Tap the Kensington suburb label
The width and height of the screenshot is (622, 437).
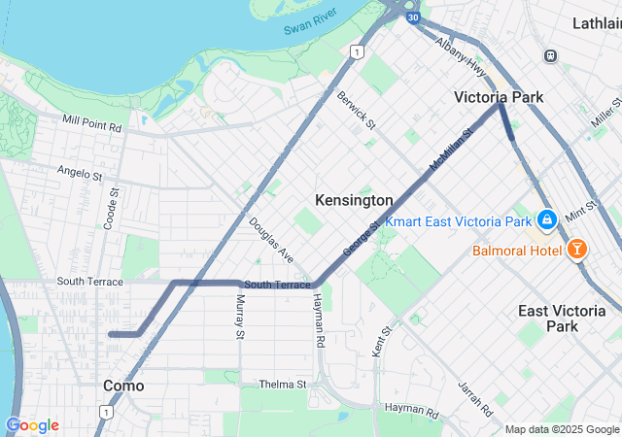click(x=354, y=200)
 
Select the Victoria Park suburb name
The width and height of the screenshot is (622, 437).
click(x=499, y=97)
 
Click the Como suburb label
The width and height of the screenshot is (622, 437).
click(x=123, y=386)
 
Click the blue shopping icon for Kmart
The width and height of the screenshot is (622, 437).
click(x=547, y=220)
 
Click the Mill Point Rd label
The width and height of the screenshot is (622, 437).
click(x=92, y=125)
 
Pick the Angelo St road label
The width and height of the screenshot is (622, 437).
click(x=79, y=174)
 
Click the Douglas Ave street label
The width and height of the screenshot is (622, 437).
click(x=271, y=239)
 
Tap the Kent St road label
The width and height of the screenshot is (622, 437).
click(x=379, y=342)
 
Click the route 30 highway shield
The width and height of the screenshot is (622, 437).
click(x=413, y=17)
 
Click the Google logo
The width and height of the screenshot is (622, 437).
click(x=32, y=425)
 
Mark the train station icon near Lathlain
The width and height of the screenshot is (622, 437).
click(x=551, y=56)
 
